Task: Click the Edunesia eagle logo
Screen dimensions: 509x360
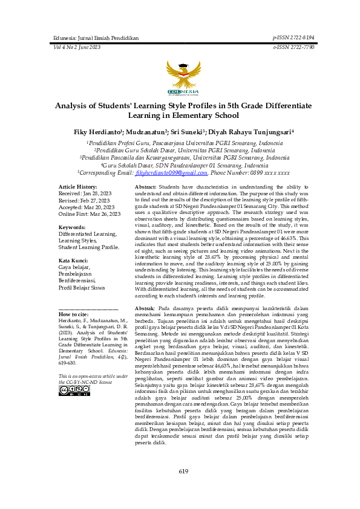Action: coord(179,77)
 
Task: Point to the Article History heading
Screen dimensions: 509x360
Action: coord(77,187)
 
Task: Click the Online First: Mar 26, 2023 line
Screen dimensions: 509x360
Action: coord(90,213)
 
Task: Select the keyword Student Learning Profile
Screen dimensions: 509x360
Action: coord(89,247)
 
